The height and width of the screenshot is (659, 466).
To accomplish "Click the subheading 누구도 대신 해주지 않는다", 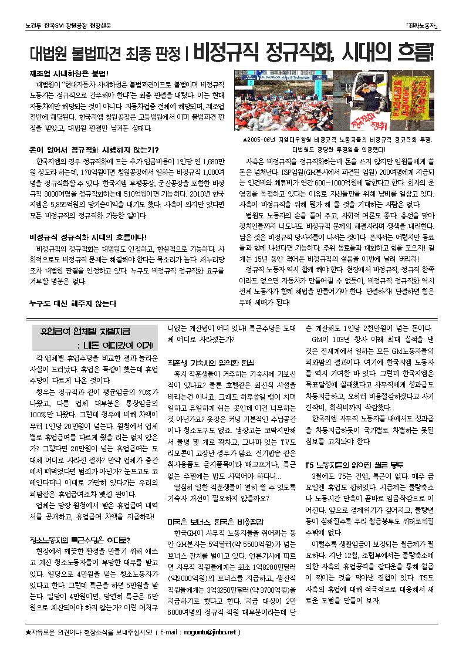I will pyautogui.click(x=73, y=303).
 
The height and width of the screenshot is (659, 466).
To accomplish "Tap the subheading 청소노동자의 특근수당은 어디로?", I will pyautogui.click(x=79, y=539).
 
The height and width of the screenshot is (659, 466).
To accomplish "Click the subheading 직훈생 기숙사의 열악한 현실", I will pyautogui.click(x=211, y=362).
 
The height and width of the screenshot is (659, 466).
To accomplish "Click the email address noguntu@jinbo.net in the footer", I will pyautogui.click(x=208, y=632).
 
